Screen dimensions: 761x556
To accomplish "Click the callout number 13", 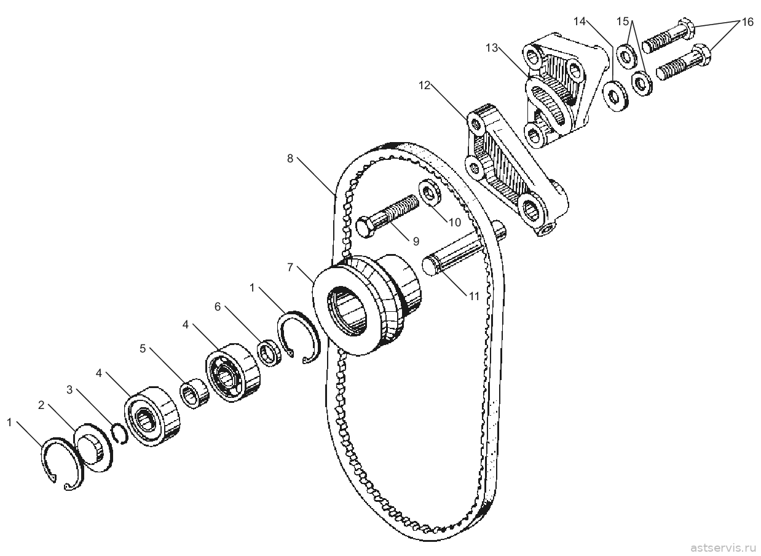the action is [x=492, y=48].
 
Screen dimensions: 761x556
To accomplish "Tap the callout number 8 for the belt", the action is [x=290, y=158].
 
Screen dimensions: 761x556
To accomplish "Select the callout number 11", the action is [x=474, y=296].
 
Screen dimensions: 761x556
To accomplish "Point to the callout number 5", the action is [x=143, y=348].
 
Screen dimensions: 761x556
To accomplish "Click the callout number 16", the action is [x=747, y=22].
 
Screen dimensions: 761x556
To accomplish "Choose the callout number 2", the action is [x=41, y=405].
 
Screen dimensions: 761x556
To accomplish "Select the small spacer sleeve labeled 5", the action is [x=194, y=393].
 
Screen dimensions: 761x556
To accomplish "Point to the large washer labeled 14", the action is [x=615, y=97].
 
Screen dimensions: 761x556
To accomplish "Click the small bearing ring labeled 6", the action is [x=269, y=353].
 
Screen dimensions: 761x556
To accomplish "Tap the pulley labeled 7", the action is [x=366, y=305].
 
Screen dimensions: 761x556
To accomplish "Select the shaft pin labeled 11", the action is [x=464, y=250].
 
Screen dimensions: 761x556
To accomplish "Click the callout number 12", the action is [x=424, y=85].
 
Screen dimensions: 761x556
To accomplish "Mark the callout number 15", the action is [x=623, y=22].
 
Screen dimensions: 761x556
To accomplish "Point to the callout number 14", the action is [x=580, y=22].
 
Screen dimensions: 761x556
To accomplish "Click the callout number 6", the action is [x=218, y=306].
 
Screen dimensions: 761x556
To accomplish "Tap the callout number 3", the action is [x=69, y=389].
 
